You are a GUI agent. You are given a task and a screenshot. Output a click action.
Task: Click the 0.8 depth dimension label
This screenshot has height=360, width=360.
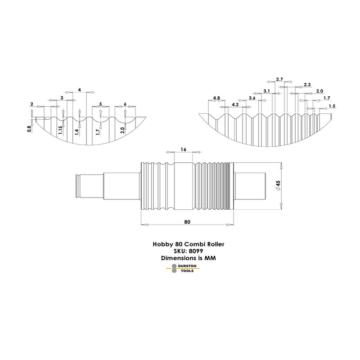(29, 129)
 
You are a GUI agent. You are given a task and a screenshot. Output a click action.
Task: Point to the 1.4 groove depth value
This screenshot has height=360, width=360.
(77, 132)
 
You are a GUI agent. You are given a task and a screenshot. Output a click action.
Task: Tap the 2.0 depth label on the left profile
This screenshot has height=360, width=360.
(122, 130)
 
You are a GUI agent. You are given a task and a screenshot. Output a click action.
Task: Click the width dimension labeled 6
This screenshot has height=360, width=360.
(125, 104)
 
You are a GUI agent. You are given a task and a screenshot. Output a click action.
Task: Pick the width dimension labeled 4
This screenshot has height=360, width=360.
(80, 90)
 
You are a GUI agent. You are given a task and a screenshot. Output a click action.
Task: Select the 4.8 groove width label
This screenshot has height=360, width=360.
(216, 98)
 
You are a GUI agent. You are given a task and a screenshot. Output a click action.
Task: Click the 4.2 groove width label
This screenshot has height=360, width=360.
(235, 104)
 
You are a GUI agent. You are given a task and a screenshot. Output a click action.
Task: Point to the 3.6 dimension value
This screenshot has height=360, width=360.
(252, 98)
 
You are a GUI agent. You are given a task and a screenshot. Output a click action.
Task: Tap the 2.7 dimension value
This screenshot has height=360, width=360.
(279, 79)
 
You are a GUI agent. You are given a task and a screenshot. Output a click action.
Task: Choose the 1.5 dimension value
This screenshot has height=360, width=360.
(332, 106)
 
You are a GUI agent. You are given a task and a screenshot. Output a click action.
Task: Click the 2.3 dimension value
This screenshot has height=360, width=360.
(307, 85)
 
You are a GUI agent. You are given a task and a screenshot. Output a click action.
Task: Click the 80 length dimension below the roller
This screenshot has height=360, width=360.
(187, 222)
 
